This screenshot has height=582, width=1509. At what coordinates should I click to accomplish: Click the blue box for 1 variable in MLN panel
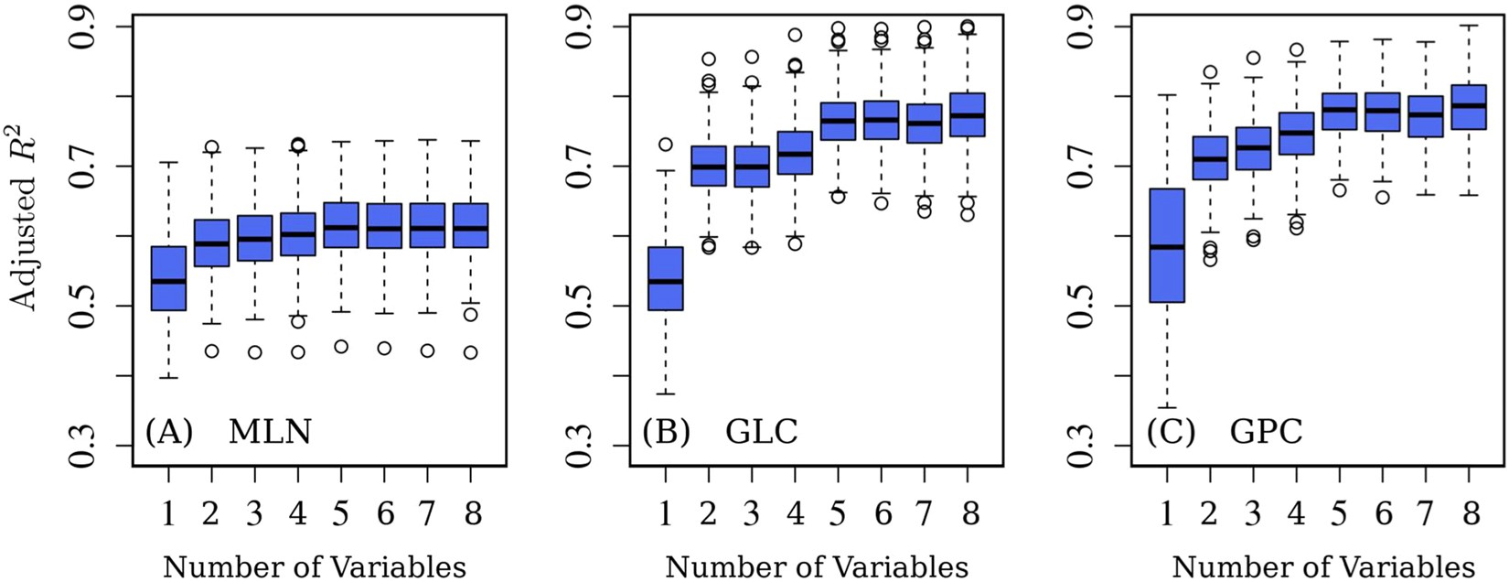168,278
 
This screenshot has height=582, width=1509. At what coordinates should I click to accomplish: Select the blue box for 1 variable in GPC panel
1166,245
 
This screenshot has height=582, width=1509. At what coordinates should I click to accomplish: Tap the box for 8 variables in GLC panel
969,114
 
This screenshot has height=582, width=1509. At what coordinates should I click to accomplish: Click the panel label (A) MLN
229,431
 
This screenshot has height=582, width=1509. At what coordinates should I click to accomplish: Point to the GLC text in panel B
761,431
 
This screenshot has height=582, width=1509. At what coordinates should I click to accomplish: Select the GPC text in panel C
1266,431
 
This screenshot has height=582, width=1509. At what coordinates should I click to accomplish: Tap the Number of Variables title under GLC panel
817,566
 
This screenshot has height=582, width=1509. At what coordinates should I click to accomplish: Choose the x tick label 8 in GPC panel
1471,514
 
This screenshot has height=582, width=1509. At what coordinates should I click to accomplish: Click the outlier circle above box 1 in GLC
666,145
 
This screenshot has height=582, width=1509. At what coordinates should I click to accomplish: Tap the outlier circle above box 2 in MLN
211,146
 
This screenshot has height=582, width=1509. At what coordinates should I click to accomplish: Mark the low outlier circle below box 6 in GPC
1383,197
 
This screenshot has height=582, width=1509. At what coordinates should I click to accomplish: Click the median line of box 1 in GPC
1166,247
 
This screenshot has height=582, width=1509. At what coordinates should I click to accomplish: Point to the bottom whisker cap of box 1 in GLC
666,393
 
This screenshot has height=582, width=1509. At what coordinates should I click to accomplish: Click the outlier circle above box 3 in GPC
1253,58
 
